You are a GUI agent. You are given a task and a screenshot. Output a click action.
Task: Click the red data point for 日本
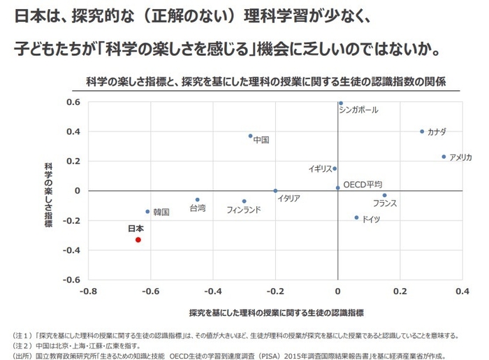pyautogui.click(x=138, y=240)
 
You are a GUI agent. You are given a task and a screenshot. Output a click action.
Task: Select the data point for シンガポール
pyautogui.click(x=341, y=103)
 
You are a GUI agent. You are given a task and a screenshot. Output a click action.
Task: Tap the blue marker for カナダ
pyautogui.click(x=422, y=131)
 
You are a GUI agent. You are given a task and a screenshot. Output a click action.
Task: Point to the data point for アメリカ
pyautogui.click(x=444, y=157)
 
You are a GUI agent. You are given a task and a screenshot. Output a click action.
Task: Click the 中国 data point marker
pyautogui.click(x=250, y=136)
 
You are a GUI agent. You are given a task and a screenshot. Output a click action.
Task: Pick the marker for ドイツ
pyautogui.click(x=356, y=217)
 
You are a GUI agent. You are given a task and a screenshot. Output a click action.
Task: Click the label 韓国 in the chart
pyautogui.click(x=161, y=212)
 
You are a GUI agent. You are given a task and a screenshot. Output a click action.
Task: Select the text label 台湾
pyautogui.click(x=198, y=208)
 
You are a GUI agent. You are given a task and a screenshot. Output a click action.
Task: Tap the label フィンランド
pyautogui.click(x=244, y=210)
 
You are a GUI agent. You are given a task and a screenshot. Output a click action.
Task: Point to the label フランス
pyautogui.click(x=385, y=203)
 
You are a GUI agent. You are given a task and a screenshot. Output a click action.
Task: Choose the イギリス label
pyautogui.click(x=320, y=169)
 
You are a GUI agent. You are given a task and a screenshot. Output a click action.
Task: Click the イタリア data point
pyautogui.click(x=275, y=191)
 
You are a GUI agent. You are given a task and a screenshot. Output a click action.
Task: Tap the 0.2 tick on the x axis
pyautogui.click(x=400, y=291)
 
